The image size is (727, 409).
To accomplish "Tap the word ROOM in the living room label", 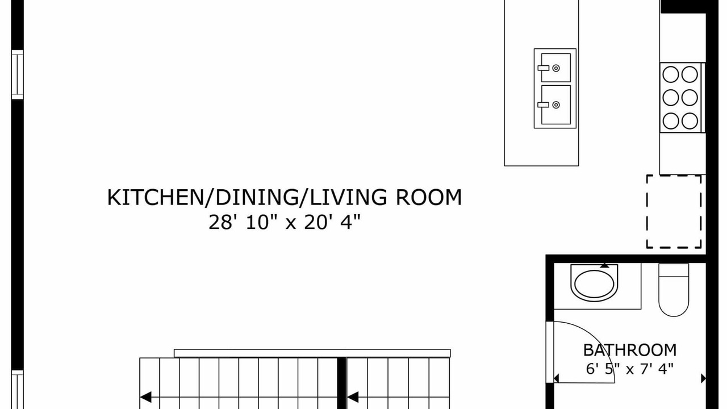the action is click(428, 197).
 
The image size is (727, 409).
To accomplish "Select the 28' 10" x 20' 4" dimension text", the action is click(285, 223).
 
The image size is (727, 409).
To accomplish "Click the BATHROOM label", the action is click(630, 350).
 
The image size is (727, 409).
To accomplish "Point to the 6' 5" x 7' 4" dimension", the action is click(630, 369).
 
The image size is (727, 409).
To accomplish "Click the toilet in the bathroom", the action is click(674, 290).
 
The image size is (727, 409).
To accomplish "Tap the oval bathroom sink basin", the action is click(594, 283).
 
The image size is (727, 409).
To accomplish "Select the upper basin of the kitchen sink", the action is click(555, 68).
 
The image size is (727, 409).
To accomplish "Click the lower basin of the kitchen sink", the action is click(555, 105).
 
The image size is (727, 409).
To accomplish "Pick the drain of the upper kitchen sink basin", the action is click(556, 68).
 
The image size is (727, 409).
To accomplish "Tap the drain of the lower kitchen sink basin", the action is click(556, 105).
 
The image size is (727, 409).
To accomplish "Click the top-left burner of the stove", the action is click(671, 74).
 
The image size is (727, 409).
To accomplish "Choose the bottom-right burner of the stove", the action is click(690, 121).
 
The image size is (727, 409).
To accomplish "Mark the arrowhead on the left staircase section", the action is click(146, 397).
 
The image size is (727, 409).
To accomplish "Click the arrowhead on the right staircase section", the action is click(353, 397).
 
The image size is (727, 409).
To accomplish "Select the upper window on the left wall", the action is click(18, 74).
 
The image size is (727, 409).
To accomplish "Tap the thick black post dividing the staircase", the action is click(341, 383).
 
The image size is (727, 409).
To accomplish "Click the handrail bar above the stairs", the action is click(312, 353).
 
